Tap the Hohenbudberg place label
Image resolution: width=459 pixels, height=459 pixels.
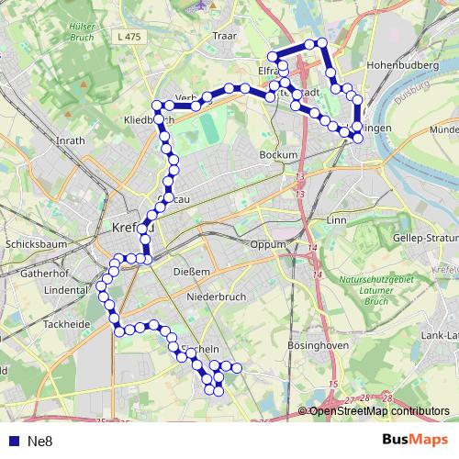[404, 66]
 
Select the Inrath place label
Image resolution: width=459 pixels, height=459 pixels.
[71, 141]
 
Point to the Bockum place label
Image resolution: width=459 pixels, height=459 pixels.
[279, 156]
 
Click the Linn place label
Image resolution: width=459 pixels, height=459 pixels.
[337, 221]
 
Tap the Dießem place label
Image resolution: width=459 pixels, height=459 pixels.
[193, 272]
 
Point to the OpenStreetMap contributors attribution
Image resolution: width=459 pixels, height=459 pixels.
[378, 411]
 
